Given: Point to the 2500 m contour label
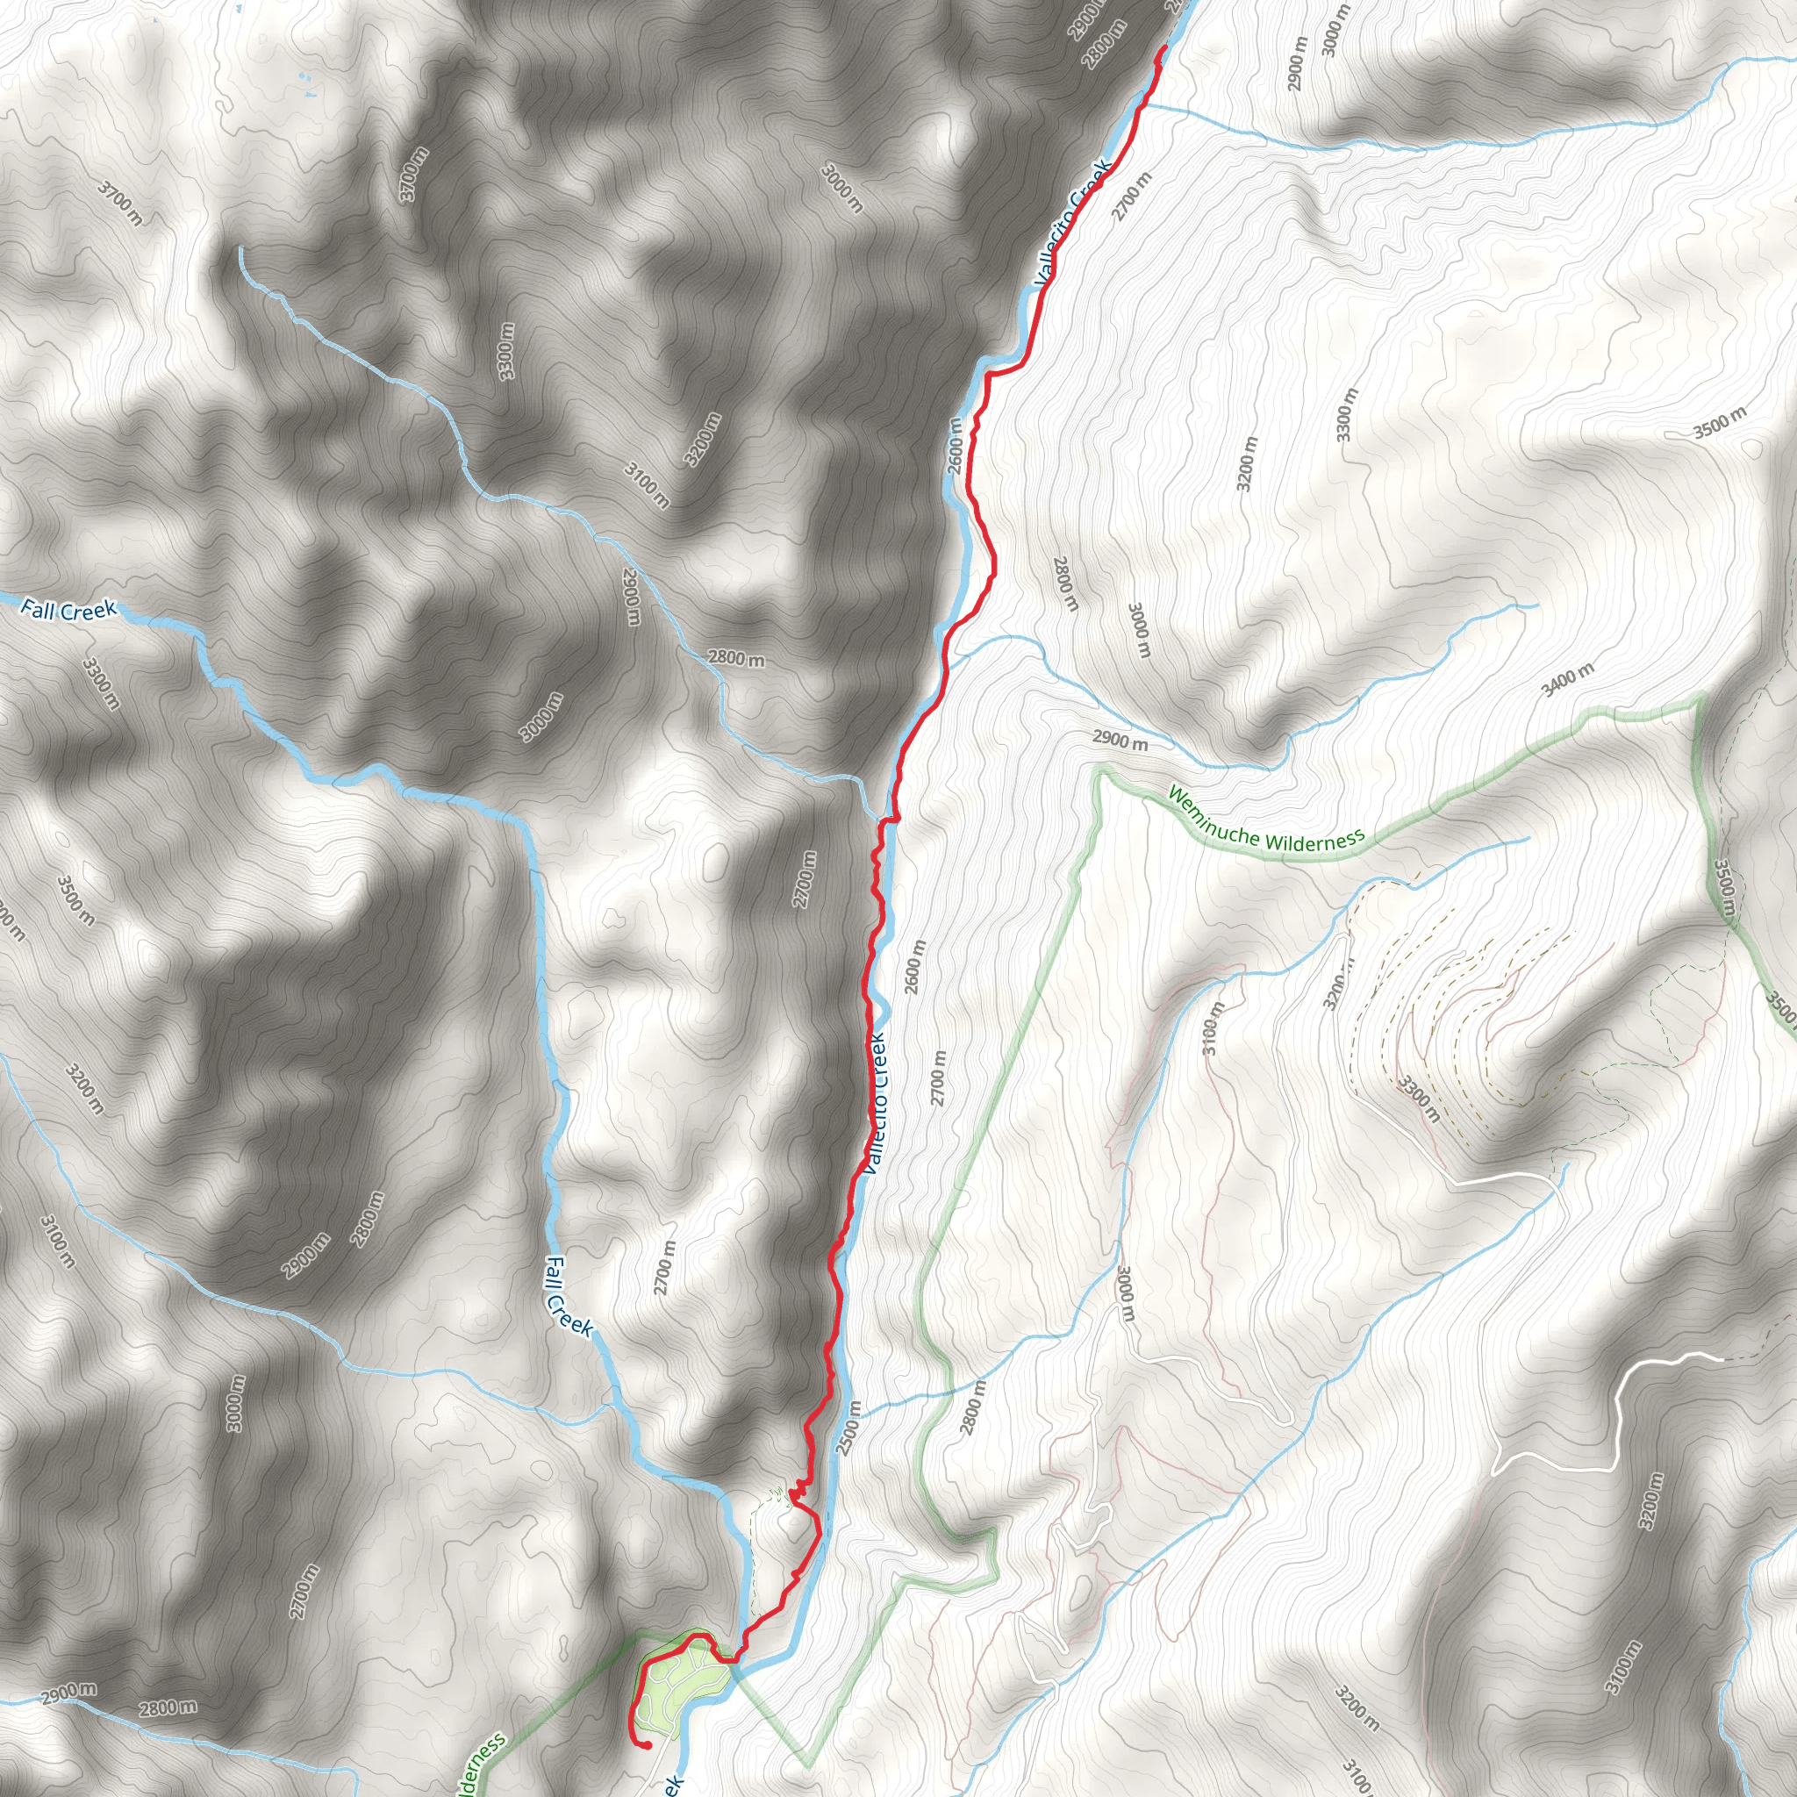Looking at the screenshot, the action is pyautogui.click(x=848, y=1427).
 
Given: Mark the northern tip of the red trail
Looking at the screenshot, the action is pyautogui.click(x=1164, y=47).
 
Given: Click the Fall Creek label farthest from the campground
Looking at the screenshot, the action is pyautogui.click(x=68, y=610).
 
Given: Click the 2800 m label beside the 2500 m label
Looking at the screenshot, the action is pyautogui.click(x=972, y=1407).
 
